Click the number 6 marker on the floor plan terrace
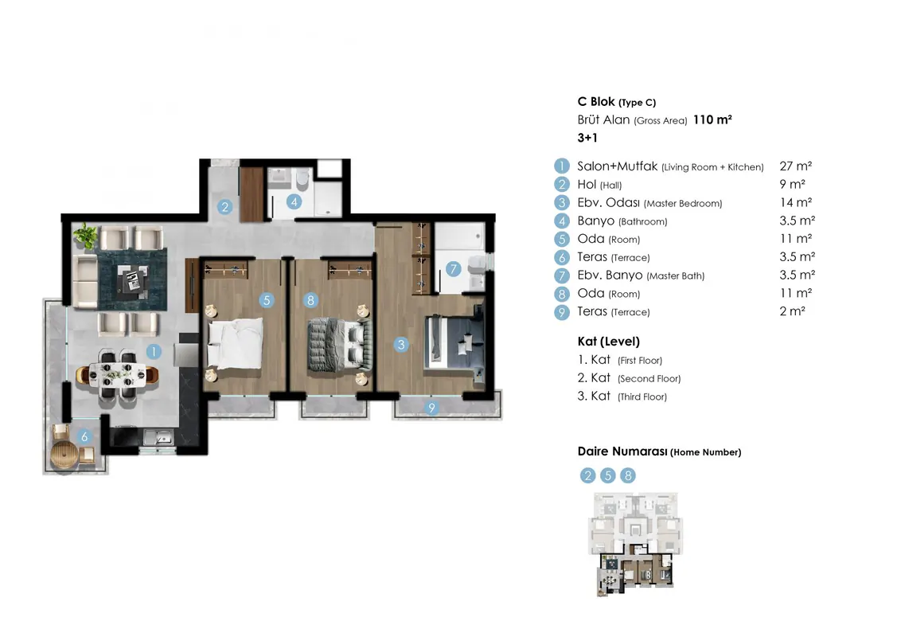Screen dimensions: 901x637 (84, 437)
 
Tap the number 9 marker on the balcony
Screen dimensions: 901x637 (431, 408)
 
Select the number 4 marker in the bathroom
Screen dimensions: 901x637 (294, 201)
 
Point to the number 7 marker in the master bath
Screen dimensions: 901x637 (454, 268)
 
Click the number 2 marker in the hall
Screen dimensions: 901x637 (224, 206)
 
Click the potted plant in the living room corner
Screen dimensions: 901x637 (86, 235)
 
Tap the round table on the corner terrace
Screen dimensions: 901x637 (64, 455)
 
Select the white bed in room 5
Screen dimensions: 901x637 (236, 343)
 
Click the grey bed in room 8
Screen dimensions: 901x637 (340, 345)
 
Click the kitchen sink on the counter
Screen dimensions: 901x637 (158, 437)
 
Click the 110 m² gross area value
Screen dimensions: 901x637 (712, 119)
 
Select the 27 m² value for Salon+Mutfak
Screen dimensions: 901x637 (796, 166)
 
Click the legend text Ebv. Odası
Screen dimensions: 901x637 (609, 202)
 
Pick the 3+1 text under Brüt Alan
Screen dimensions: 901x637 (587, 138)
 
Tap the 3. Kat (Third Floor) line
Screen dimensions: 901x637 (622, 396)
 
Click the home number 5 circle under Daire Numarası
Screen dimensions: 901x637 (608, 475)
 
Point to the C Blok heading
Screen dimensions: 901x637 (596, 102)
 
